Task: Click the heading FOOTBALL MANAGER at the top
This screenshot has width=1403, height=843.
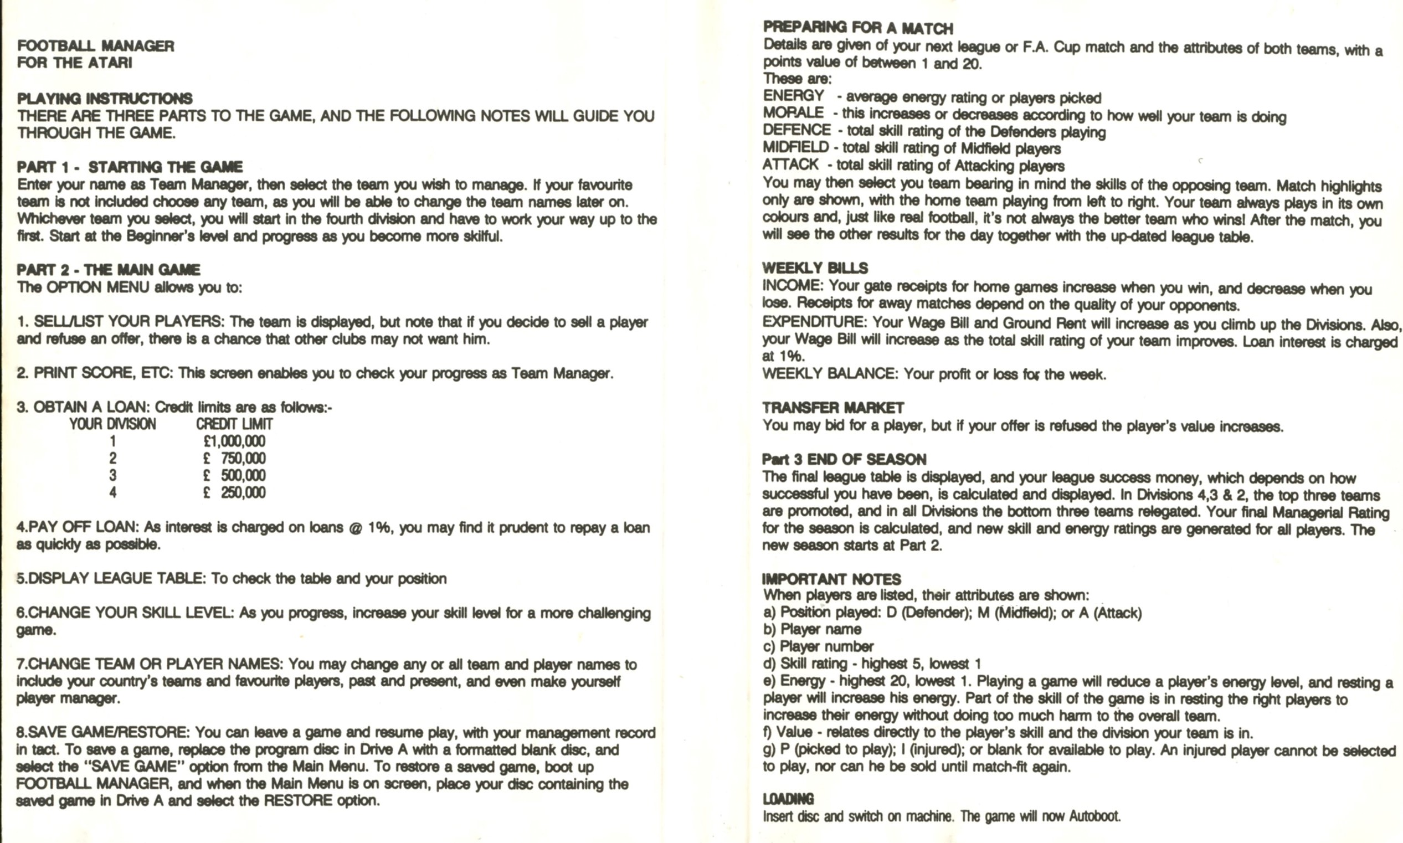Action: pyautogui.click(x=95, y=46)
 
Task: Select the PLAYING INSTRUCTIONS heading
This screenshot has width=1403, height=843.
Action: pyautogui.click(x=105, y=99)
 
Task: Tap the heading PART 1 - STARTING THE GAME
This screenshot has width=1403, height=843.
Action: pyautogui.click(x=130, y=167)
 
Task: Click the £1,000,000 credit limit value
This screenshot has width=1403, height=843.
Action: pyautogui.click(x=234, y=441)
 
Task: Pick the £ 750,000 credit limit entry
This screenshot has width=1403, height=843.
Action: pyautogui.click(x=234, y=459)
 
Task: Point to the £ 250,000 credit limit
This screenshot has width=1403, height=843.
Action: pyautogui.click(x=234, y=492)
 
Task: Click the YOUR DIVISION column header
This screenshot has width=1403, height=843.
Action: pyautogui.click(x=112, y=424)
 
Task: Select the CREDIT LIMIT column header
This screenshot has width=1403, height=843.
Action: pyautogui.click(x=234, y=424)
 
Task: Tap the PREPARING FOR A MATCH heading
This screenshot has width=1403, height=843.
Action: pyautogui.click(x=858, y=28)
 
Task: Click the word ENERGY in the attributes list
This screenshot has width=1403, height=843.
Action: pyautogui.click(x=793, y=95)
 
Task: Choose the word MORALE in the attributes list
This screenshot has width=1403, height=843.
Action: pyautogui.click(x=793, y=112)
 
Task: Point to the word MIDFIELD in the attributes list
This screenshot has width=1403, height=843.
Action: pyautogui.click(x=796, y=147)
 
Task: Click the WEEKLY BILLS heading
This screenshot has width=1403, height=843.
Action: pyautogui.click(x=815, y=268)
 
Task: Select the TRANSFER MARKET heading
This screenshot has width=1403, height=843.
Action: pyautogui.click(x=832, y=408)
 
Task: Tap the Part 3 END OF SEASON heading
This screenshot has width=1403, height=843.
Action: pyautogui.click(x=844, y=460)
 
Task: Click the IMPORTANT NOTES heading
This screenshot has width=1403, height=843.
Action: pyautogui.click(x=831, y=579)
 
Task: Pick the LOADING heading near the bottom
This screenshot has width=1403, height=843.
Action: pyautogui.click(x=788, y=799)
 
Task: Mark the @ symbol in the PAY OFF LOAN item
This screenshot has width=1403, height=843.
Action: pyautogui.click(x=356, y=528)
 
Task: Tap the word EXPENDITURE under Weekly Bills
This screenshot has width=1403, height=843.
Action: pyautogui.click(x=814, y=322)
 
